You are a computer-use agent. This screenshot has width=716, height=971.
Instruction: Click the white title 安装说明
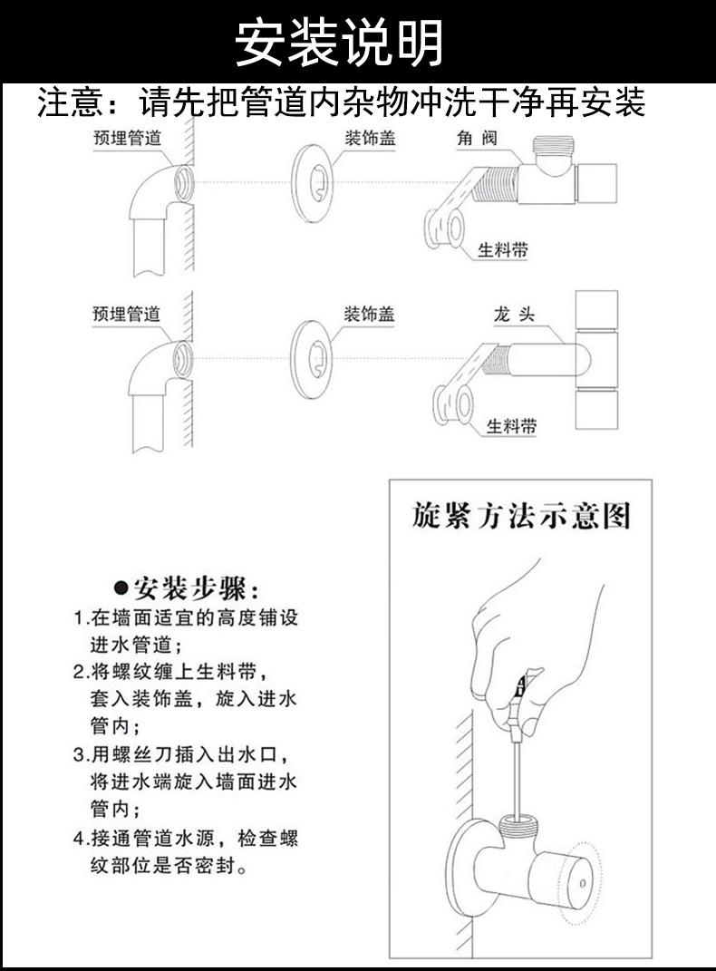coord(340,42)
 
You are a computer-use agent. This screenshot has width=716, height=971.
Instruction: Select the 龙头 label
coord(513,315)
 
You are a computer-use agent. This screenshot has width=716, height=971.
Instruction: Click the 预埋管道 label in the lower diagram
coord(127,314)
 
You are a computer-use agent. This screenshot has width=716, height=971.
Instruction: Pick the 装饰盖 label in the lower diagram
coord(369,314)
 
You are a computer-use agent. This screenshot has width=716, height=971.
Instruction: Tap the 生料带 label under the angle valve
coord(503,250)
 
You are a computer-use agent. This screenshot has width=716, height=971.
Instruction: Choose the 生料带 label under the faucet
coord(511,425)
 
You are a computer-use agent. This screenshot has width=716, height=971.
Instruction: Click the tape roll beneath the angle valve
coord(445,229)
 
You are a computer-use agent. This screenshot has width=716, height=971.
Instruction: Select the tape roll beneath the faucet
coord(453,404)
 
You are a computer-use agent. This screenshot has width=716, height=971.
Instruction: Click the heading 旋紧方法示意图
coord(520,517)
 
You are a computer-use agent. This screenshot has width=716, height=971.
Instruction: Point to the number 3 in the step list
coord(79,753)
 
